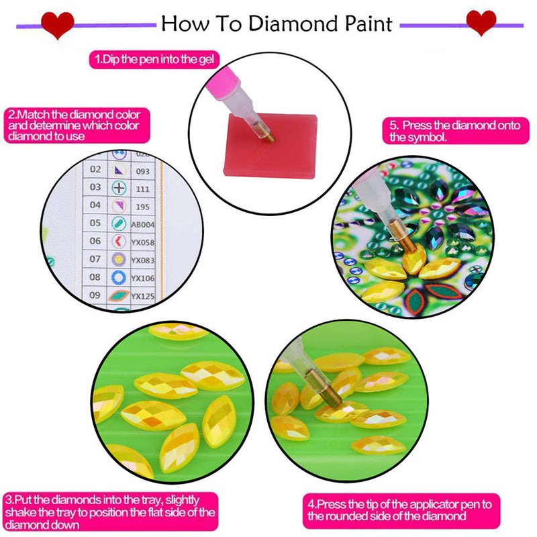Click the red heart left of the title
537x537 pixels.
[57, 25]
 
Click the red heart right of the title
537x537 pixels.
[481, 23]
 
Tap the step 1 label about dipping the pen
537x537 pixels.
[155, 59]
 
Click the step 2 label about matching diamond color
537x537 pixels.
[76, 126]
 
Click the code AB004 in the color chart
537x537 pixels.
[144, 223]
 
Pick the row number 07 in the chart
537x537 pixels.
[95, 259]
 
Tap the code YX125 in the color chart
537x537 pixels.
[142, 296]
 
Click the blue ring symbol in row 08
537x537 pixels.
[118, 277]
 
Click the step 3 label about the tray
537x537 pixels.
[111, 511]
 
